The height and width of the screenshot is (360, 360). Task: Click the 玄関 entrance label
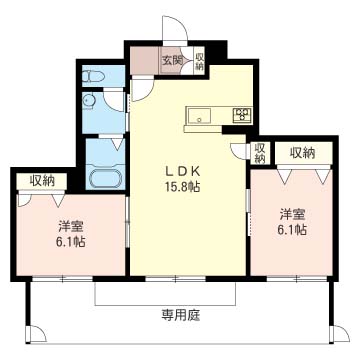[172, 61]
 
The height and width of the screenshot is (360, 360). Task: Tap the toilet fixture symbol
[93, 77]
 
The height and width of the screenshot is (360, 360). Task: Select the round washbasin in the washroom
[88, 101]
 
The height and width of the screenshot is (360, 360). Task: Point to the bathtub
[105, 179]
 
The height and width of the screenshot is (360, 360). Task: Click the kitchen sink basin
[199, 116]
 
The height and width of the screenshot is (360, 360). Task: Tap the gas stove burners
[242, 114]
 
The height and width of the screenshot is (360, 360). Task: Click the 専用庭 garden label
[181, 314]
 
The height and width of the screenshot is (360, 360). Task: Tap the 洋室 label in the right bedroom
[292, 215]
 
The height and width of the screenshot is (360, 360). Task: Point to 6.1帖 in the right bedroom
[293, 230]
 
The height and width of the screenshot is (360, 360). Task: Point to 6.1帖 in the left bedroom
[70, 241]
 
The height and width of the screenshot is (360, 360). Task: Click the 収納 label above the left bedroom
[43, 181]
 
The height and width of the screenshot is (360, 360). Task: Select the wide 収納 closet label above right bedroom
[302, 153]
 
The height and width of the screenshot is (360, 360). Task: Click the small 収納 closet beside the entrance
[199, 61]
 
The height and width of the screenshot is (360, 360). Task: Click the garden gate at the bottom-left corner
[36, 334]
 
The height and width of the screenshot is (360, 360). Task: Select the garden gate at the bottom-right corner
[339, 334]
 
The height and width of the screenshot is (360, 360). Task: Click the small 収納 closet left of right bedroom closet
[260, 153]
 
